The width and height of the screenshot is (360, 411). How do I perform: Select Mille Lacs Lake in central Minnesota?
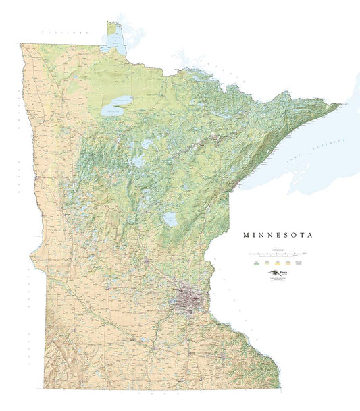tap(170, 219)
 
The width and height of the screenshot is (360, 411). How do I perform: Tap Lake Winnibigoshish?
tap(146, 144)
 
